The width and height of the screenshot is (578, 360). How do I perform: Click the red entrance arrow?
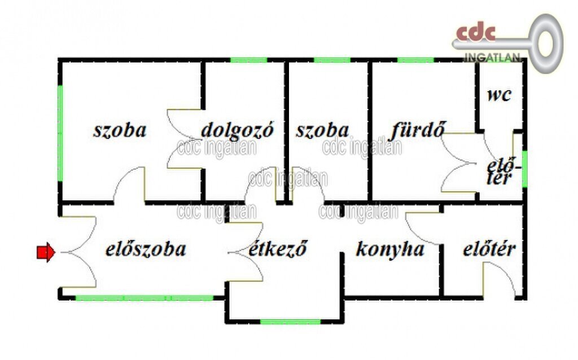click(x=46, y=252)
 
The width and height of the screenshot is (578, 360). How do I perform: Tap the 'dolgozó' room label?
click(x=238, y=131)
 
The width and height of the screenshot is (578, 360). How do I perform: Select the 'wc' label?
click(x=500, y=95)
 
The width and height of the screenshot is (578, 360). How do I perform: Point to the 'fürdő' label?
click(x=418, y=130)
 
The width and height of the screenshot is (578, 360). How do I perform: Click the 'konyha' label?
click(x=390, y=249)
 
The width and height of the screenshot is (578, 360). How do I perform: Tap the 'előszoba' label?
click(x=146, y=249)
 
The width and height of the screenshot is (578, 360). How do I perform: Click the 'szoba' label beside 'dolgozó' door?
click(x=120, y=130)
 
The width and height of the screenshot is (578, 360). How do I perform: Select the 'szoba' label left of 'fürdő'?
click(x=322, y=130)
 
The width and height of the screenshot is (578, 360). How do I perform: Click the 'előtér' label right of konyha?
click(x=489, y=249)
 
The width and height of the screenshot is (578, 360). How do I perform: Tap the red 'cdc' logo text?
click(x=476, y=32)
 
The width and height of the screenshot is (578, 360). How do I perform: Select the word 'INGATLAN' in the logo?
click(x=492, y=58)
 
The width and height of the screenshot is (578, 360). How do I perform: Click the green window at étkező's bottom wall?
click(x=291, y=322)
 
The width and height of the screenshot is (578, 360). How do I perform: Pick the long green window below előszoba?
click(x=144, y=298)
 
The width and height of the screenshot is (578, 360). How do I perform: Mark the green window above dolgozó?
click(x=249, y=60)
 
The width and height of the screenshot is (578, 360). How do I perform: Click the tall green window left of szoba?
click(x=60, y=133)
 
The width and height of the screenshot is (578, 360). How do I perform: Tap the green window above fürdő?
click(x=415, y=60)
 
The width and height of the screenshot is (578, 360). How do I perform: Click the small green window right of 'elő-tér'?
click(x=524, y=169)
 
